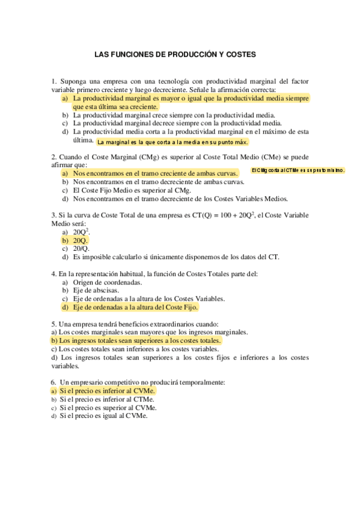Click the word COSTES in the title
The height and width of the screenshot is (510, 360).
coord(240,54)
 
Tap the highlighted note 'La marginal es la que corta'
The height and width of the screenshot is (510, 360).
coord(172,142)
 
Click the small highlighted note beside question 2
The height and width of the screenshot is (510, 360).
coord(297,170)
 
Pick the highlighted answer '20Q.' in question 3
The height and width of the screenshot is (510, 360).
coord(81,239)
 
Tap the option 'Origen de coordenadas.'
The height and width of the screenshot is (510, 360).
coord(108,281)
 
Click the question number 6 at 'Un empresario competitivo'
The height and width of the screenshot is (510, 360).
coord(53,381)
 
